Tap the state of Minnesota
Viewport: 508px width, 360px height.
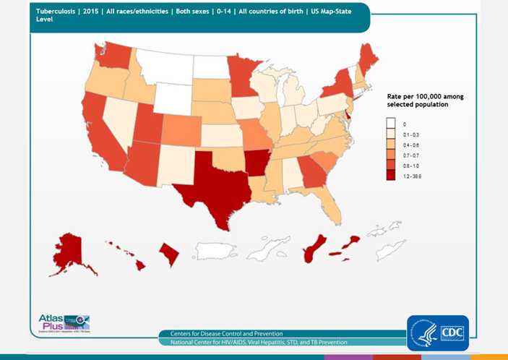[x=242, y=72]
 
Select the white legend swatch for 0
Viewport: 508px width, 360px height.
[x=391, y=125]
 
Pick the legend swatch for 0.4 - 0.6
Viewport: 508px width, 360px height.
[x=391, y=145]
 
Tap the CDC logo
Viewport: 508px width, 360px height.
[x=438, y=333]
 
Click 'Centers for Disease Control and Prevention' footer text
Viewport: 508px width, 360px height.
[x=223, y=333]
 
